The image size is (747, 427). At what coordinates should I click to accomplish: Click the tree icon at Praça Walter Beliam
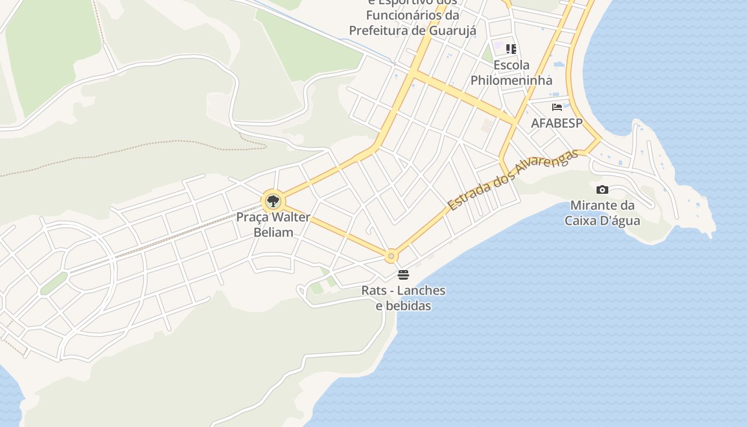(x=273, y=201)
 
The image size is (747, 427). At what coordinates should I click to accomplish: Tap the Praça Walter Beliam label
(x=273, y=225)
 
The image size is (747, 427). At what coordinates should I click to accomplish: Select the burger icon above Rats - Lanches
(x=403, y=275)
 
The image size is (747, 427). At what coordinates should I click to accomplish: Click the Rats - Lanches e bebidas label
(x=403, y=298)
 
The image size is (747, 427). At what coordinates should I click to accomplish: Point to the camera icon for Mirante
(x=602, y=189)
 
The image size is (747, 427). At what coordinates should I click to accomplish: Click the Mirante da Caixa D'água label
(x=602, y=212)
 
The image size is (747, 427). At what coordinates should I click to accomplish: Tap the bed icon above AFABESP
(x=557, y=107)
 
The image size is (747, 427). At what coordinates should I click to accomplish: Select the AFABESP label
(x=557, y=123)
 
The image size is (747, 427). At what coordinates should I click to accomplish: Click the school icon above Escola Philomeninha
(x=511, y=49)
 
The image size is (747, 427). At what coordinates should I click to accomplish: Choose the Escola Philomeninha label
(x=511, y=73)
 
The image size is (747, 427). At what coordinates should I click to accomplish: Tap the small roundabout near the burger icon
(x=391, y=257)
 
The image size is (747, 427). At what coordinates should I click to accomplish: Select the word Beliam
(x=273, y=232)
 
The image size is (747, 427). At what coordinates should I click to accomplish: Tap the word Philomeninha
(x=511, y=80)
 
